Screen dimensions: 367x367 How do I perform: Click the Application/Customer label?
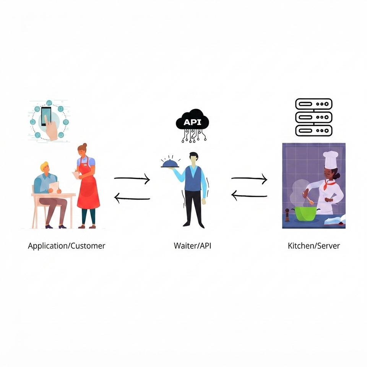tap(67, 246)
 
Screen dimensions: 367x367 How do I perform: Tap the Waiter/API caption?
tap(192, 246)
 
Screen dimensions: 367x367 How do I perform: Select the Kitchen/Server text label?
tap(313, 246)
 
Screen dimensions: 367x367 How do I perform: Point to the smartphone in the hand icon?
tap(46, 116)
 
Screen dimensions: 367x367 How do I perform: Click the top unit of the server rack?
tap(314, 104)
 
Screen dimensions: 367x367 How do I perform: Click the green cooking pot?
tap(306, 213)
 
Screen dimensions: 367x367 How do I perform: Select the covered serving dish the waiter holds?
tap(170, 163)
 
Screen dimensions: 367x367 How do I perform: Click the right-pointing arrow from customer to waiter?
tap(132, 179)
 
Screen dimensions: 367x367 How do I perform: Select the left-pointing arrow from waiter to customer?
tap(132, 198)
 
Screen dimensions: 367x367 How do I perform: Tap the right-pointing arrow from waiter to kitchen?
tap(249, 179)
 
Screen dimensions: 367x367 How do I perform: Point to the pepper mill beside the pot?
tap(287, 215)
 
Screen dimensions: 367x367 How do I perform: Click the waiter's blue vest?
tap(193, 179)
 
